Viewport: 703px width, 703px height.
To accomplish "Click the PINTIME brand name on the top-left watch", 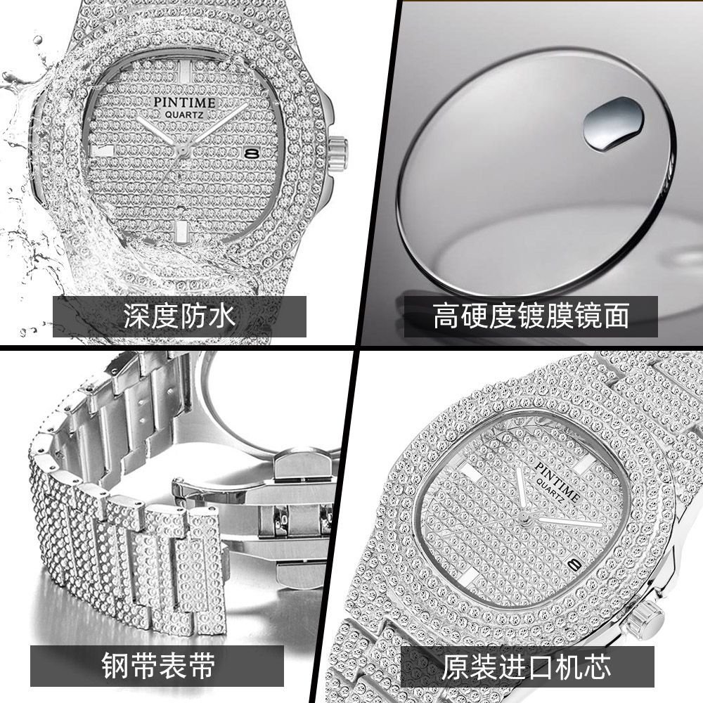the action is click(184, 102).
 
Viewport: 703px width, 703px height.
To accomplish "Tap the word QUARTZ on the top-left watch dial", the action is click(184, 115).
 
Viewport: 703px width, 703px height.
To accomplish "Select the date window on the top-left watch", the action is click(252, 153).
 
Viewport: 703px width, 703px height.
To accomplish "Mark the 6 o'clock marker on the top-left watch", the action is click(181, 232).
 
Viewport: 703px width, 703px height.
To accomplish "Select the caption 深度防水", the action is click(179, 316).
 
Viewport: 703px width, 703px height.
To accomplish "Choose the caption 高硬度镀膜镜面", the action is click(531, 316).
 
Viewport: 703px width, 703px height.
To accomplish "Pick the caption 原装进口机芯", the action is click(527, 666).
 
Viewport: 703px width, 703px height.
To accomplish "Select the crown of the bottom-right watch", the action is click(645, 618).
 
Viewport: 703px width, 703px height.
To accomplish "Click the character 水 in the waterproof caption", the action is click(222, 316).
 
